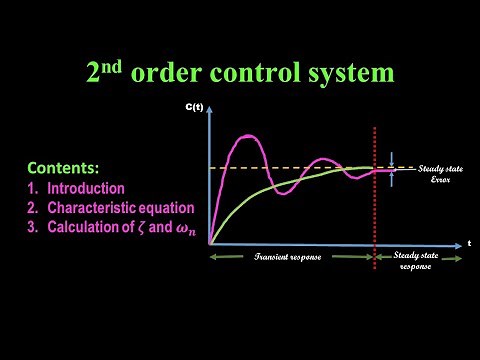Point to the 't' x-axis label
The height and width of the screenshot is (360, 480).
tap(469, 242)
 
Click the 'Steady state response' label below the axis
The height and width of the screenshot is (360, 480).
tap(419, 262)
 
